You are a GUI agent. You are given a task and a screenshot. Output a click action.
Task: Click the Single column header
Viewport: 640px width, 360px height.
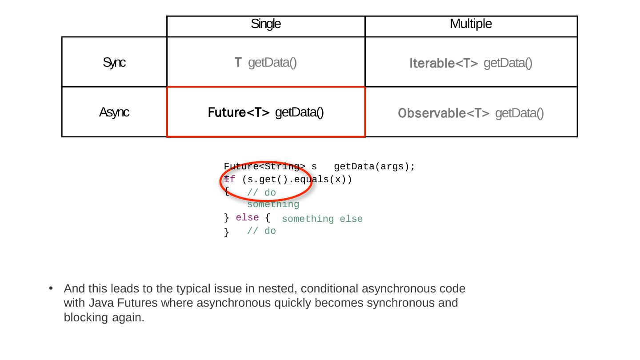[x=266, y=24]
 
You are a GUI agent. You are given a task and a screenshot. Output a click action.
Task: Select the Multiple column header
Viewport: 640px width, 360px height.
[x=471, y=24]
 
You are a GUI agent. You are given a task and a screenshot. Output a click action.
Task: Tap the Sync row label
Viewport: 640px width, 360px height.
[x=114, y=63]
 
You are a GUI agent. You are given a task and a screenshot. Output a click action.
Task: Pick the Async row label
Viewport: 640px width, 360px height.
[x=114, y=112]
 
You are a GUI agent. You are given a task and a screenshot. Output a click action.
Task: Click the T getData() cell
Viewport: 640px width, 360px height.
[x=266, y=63]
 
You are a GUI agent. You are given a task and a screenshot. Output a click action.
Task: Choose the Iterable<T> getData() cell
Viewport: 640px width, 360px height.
[x=471, y=63]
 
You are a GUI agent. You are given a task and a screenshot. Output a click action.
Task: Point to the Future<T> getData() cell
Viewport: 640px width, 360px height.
[x=266, y=112]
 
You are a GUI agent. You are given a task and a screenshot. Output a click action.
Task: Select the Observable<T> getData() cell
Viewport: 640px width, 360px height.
[x=471, y=113]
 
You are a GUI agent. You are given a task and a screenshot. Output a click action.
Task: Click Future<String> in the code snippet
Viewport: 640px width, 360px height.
[x=264, y=167]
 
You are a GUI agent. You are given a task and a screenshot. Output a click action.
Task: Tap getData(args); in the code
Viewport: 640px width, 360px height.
[x=374, y=167]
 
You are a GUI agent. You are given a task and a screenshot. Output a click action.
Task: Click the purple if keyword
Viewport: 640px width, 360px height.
[x=229, y=180]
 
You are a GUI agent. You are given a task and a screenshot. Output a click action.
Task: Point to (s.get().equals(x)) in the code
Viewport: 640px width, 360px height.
[x=297, y=180]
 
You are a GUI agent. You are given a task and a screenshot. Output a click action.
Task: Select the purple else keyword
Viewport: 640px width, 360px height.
[x=247, y=218]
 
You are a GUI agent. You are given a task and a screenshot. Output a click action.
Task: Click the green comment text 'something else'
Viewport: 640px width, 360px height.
[x=322, y=219]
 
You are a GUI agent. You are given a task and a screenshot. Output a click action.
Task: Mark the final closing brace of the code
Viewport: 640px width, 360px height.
[x=227, y=232]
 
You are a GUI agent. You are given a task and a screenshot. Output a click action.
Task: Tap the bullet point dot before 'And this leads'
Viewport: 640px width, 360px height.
[x=51, y=289]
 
